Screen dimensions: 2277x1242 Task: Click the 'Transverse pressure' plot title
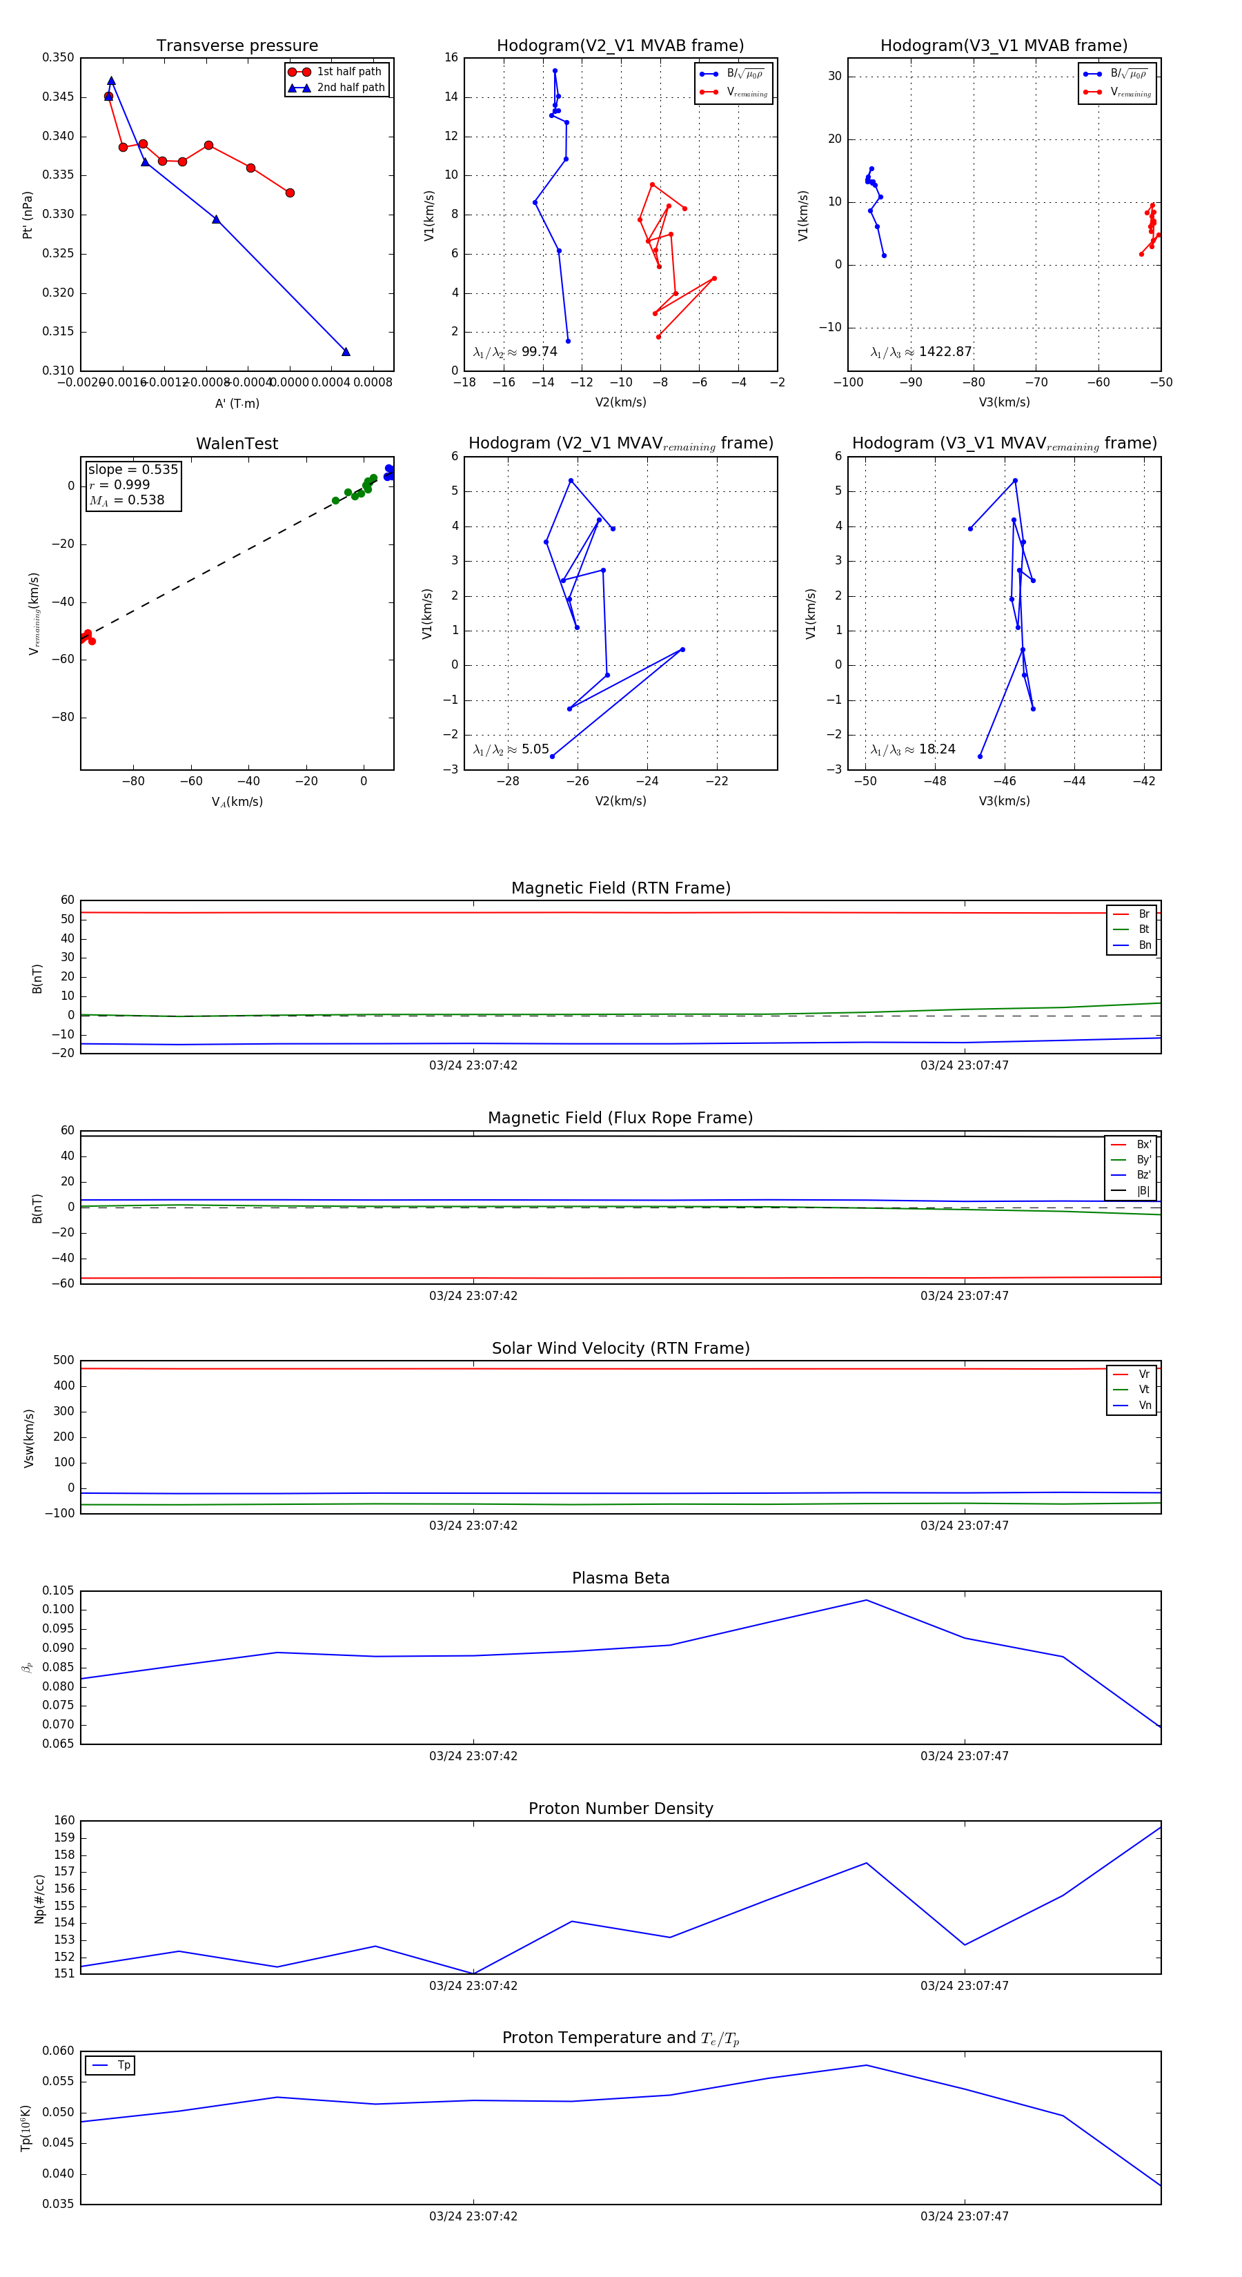click(237, 46)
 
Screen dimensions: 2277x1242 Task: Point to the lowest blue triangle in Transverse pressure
click(346, 352)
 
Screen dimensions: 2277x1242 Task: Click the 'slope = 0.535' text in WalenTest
click(132, 469)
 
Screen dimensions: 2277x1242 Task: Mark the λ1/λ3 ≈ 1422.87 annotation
click(921, 352)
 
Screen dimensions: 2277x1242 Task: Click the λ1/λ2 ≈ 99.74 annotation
click(515, 352)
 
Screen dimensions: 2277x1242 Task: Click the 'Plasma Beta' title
click(620, 1578)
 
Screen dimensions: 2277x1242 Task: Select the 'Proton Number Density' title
click(620, 1808)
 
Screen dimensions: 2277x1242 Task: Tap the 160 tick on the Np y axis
click(65, 1820)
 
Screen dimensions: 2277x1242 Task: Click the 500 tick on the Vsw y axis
click(63, 1361)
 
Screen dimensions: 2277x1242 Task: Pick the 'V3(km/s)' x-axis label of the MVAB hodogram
click(1003, 402)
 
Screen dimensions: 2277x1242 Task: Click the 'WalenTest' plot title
click(237, 444)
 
